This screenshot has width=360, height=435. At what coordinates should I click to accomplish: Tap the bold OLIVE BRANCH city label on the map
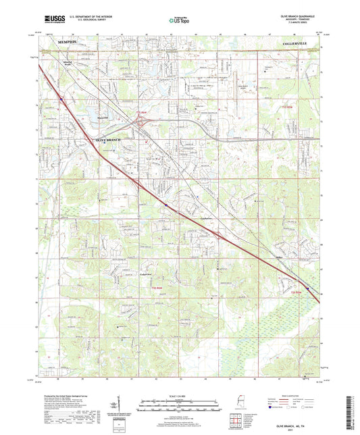pyautogui.click(x=105, y=139)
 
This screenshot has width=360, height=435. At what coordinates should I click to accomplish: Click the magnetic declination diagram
pyautogui.click(x=122, y=409)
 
